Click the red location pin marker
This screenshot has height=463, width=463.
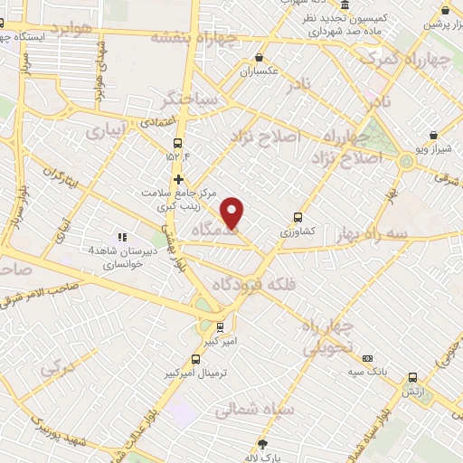pyautogui.click(x=233, y=213)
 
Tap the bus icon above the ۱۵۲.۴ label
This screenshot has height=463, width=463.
pyautogui.click(x=177, y=143)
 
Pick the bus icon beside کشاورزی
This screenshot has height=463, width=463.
pyautogui.click(x=298, y=217)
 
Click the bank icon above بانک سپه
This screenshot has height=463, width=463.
pyautogui.click(x=367, y=357)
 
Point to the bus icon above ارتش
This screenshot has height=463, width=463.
pyautogui.click(x=412, y=377)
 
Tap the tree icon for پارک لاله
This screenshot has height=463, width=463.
pyautogui.click(x=263, y=444)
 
